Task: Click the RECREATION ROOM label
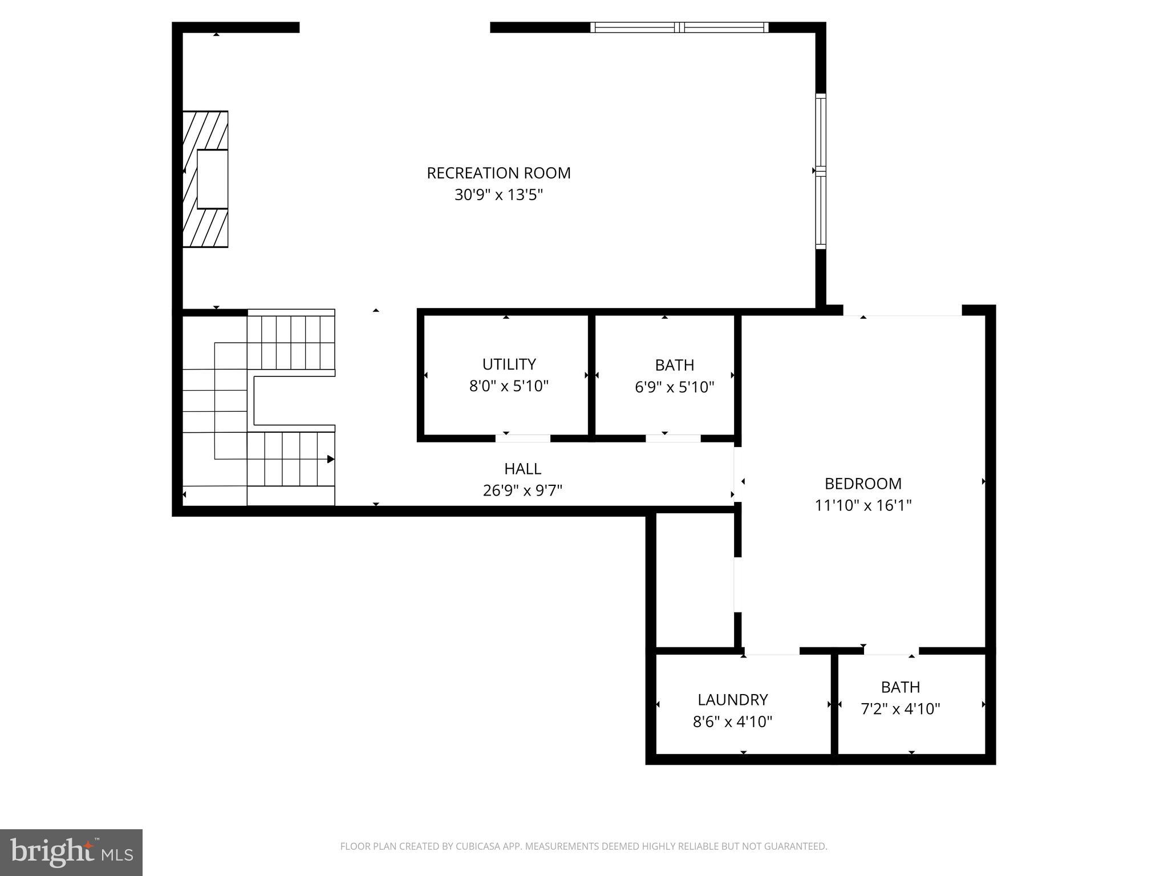(x=498, y=173)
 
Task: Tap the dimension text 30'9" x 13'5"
(x=498, y=195)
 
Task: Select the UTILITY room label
(x=509, y=364)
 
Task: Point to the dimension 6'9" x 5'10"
(x=674, y=387)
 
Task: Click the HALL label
(x=522, y=469)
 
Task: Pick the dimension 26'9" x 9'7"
(x=522, y=490)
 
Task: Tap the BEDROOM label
(x=863, y=484)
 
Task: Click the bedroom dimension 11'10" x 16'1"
(x=863, y=505)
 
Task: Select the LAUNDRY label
(x=732, y=700)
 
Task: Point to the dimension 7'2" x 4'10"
(x=900, y=709)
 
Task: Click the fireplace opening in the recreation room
(x=212, y=179)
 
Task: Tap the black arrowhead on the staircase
(x=330, y=459)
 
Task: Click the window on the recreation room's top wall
(x=679, y=27)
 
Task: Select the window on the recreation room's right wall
(x=820, y=171)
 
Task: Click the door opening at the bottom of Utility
(x=522, y=438)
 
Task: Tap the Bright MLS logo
(x=71, y=852)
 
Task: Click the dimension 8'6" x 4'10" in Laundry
(x=732, y=722)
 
